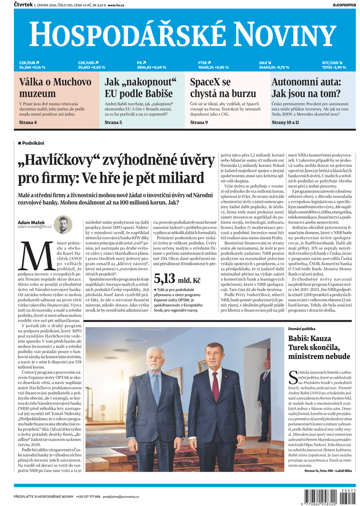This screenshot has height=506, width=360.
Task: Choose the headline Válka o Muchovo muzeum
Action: (55, 88)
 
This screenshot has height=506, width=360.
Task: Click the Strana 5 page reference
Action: (113, 122)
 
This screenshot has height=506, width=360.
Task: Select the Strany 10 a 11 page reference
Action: (285, 122)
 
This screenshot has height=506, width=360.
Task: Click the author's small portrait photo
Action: (63, 224)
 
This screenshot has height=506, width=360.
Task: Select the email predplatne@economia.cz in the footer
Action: (121, 497)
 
